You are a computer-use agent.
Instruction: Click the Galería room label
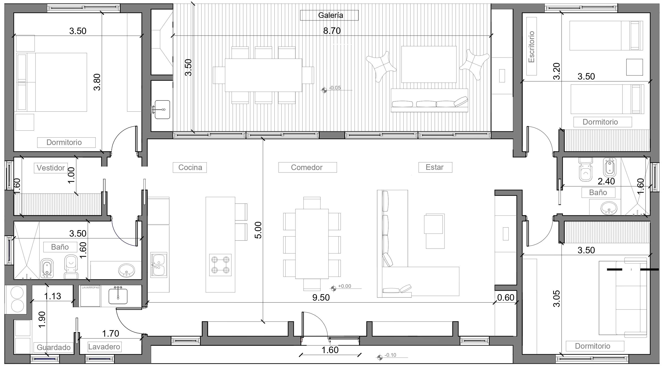(330, 15)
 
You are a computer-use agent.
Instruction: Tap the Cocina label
(190, 167)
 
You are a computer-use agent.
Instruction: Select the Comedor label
(307, 167)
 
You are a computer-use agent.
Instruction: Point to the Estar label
(434, 167)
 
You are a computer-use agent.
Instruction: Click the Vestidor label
(51, 168)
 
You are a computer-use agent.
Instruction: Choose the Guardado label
(54, 348)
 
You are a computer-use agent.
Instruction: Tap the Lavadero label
(104, 347)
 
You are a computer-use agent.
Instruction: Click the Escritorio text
(531, 47)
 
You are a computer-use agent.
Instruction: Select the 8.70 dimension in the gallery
(332, 31)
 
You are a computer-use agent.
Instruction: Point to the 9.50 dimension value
(321, 298)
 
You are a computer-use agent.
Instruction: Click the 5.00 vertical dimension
(258, 230)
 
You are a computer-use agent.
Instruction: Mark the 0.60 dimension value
(506, 298)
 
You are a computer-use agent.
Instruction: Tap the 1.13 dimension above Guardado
(52, 296)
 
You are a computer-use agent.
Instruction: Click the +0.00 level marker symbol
(333, 288)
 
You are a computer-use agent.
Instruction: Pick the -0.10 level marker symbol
(380, 357)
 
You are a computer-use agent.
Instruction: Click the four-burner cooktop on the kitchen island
(220, 265)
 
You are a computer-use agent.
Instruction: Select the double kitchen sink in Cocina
(159, 265)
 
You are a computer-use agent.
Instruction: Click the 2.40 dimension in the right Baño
(606, 181)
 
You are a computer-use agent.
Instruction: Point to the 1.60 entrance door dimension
(330, 350)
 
